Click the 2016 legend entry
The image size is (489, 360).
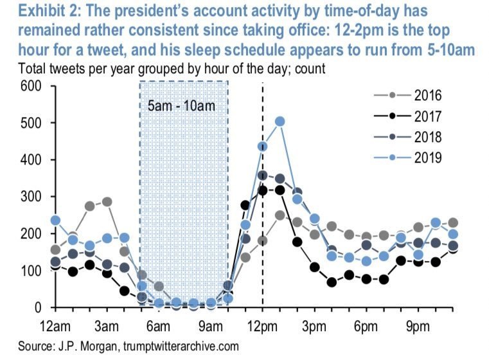point(412,97)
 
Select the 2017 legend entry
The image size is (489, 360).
point(412,118)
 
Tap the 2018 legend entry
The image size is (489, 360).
point(412,138)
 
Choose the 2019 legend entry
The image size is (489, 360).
point(412,157)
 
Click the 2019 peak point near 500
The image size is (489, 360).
point(280,121)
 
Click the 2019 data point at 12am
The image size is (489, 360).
point(55,220)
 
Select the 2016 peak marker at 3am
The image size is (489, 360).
point(107,202)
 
